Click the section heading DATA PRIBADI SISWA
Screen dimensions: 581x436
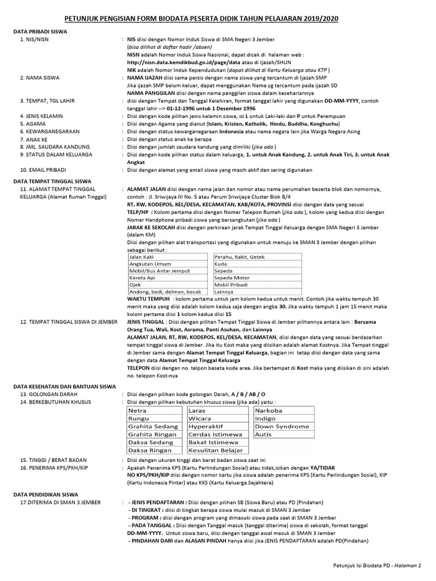click(x=40, y=32)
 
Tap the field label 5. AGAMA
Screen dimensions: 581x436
click(x=32, y=122)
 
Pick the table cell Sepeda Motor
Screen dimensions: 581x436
click(x=232, y=277)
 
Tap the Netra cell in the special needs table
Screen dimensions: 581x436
click(x=137, y=410)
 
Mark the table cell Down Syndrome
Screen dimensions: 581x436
click(x=282, y=426)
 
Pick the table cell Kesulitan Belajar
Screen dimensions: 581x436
click(x=216, y=450)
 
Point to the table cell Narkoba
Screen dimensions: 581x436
click(x=269, y=410)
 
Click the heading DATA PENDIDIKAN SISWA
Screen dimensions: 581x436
click(x=46, y=495)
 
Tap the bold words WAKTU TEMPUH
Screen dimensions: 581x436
click(x=148, y=298)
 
